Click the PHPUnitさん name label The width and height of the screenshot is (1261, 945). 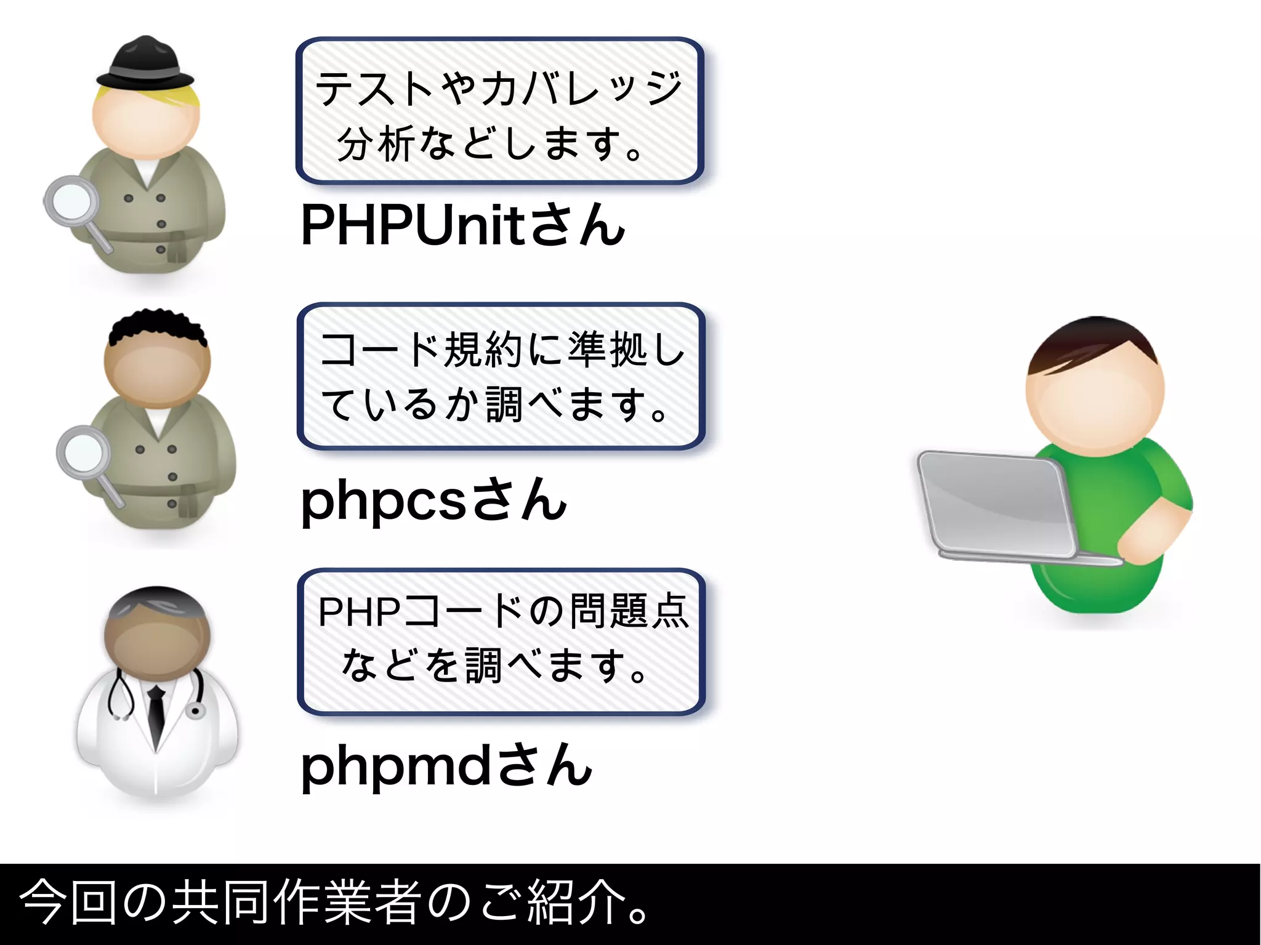tap(462, 225)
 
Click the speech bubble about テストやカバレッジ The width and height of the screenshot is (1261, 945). tap(499, 111)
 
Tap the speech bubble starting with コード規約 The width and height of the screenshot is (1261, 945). tap(501, 376)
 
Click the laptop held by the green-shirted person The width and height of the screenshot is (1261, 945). tap(997, 505)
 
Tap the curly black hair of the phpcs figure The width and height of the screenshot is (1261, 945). tap(157, 325)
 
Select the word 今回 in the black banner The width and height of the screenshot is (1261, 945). tap(68, 903)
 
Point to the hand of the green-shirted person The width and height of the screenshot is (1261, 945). tap(1145, 536)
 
